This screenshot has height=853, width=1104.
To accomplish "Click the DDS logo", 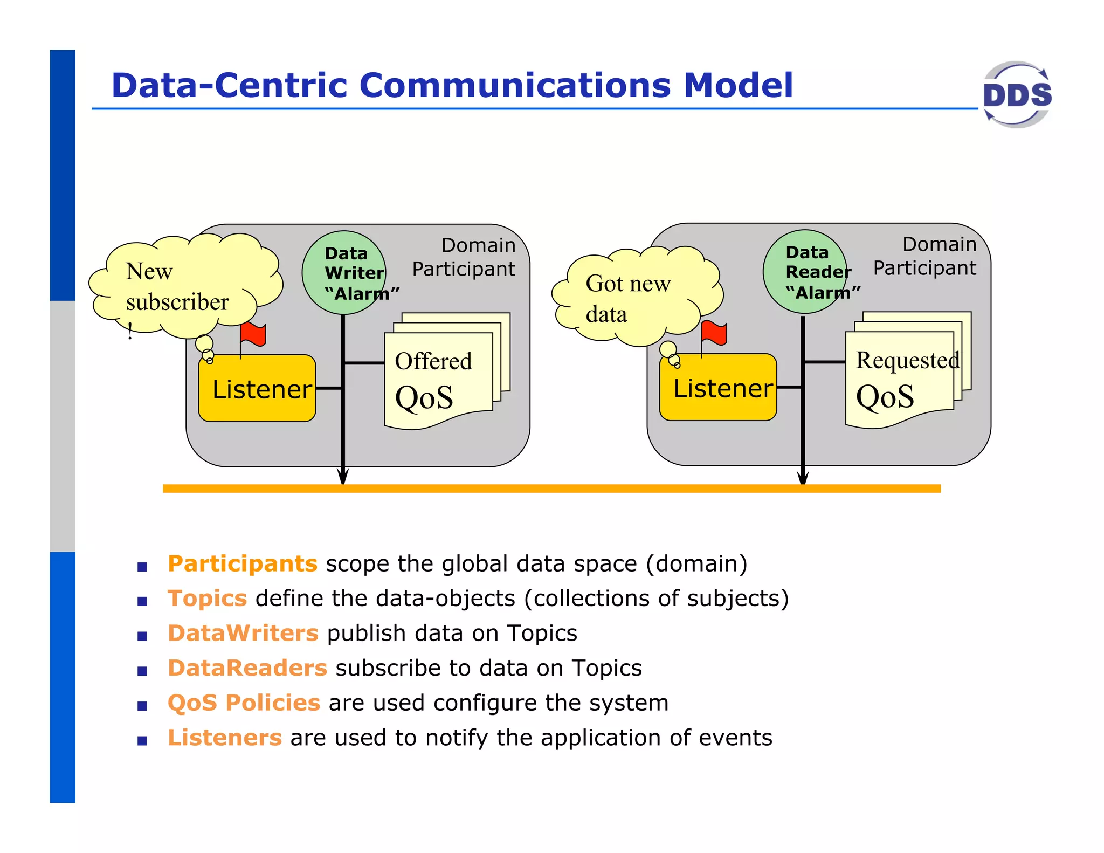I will (1017, 95).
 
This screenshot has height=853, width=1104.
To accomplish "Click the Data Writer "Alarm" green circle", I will (344, 273).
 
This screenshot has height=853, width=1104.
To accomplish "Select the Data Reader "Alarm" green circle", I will (804, 272).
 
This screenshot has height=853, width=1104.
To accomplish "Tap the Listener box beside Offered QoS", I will (257, 389).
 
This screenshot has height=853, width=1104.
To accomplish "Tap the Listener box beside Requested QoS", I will (718, 388).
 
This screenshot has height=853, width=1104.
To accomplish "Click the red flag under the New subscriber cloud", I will (253, 335).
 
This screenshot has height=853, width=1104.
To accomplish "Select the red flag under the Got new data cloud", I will (714, 333).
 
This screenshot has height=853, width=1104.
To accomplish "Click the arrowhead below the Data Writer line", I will (343, 477).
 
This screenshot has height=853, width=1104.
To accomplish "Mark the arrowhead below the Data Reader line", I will (803, 477).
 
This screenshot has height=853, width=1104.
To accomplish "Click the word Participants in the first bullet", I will (242, 564).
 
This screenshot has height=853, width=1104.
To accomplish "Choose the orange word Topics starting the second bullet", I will (207, 599).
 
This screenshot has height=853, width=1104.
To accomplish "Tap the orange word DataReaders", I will (247, 668).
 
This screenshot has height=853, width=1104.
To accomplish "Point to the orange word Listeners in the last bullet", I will (224, 738).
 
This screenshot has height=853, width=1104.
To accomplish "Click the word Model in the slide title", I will (738, 85).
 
